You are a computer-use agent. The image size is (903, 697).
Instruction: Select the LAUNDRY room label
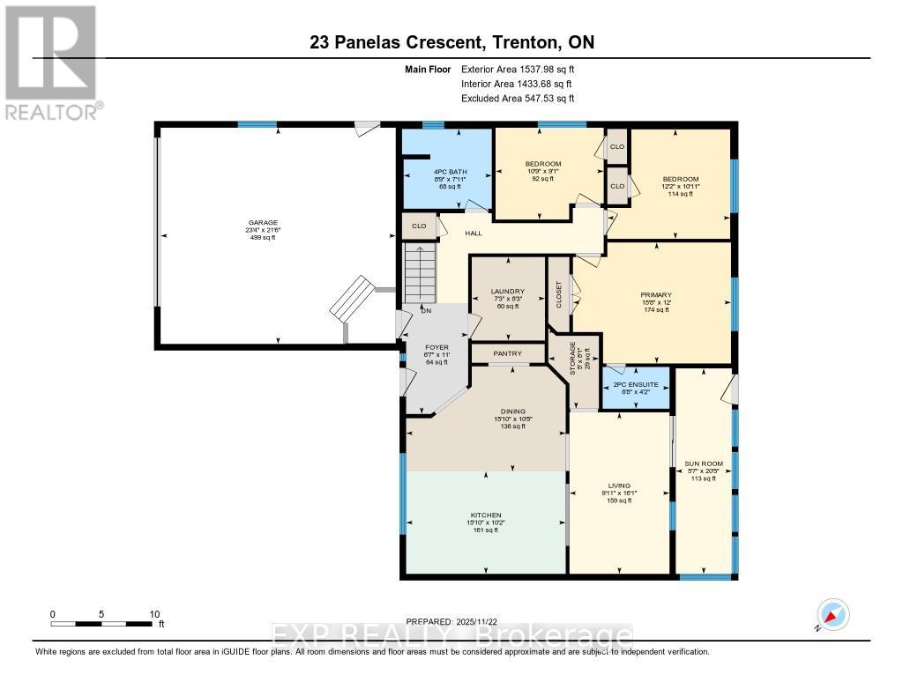click(507, 292)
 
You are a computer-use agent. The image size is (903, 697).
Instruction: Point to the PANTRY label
click(507, 353)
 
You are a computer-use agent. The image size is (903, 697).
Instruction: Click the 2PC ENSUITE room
click(635, 384)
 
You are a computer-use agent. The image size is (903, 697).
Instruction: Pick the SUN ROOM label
click(704, 463)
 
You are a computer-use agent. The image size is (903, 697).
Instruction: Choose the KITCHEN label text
click(486, 515)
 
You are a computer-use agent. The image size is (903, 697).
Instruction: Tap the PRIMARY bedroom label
click(656, 295)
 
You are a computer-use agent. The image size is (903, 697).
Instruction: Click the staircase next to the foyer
click(421, 273)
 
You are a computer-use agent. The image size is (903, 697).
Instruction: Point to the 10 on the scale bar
click(154, 614)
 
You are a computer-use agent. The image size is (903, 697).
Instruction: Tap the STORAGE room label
click(572, 360)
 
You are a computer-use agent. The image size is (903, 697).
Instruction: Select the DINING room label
click(512, 412)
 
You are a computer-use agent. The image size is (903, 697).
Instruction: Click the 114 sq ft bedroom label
click(679, 186)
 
